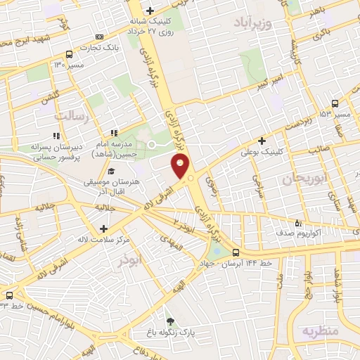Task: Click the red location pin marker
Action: coord(181,167)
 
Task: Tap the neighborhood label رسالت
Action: coord(75,116)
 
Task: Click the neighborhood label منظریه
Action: coord(321,330)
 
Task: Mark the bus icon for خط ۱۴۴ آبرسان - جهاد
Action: coord(236,252)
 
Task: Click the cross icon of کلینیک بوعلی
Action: coord(262,141)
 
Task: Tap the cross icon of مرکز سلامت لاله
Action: coord(104,228)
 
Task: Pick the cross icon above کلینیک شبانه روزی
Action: coord(150,11)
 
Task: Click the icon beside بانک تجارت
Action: coord(99,37)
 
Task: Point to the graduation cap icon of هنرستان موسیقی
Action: coord(111,171)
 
